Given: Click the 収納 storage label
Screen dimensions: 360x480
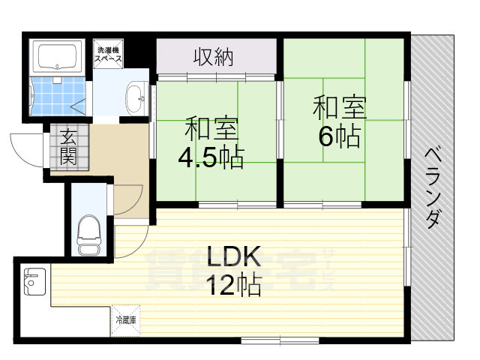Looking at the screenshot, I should pyautogui.click(x=217, y=57).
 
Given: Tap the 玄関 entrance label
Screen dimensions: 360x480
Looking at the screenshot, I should pyautogui.click(x=68, y=147).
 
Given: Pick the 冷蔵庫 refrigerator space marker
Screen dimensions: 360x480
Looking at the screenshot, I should pyautogui.click(x=125, y=319).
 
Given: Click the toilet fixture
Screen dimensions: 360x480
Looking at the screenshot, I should pyautogui.click(x=89, y=234).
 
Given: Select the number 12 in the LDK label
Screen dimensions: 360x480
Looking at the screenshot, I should pyautogui.click(x=220, y=285).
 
